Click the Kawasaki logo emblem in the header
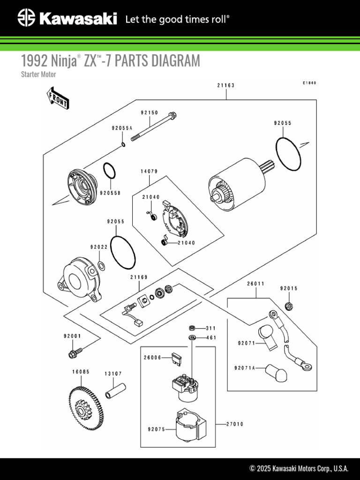click(x=26, y=19)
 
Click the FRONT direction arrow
click(x=58, y=98)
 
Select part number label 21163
click(x=225, y=85)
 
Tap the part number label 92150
click(x=149, y=113)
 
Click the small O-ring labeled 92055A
click(x=123, y=144)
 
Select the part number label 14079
click(x=149, y=172)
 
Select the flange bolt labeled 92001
click(x=75, y=352)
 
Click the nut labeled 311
click(x=192, y=328)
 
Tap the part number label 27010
click(x=235, y=424)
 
